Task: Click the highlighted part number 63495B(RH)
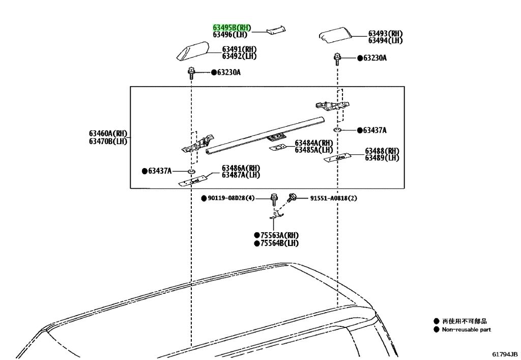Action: tap(232, 27)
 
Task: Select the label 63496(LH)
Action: tap(230, 34)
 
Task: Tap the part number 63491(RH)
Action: tap(239, 49)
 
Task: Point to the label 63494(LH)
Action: tap(385, 41)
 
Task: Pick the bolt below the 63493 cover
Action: tap(337, 59)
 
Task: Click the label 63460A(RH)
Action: tap(108, 133)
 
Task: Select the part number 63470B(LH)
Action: tap(108, 141)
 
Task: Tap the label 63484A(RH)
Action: tap(314, 143)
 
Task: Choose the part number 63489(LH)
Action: tap(382, 158)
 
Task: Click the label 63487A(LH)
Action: tap(241, 175)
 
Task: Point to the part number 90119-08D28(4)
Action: tap(231, 198)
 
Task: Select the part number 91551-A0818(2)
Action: tap(334, 198)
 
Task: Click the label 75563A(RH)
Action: tap(279, 235)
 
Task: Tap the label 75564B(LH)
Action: tap(279, 243)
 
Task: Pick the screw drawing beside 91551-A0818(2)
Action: tap(292, 198)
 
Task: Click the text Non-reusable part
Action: tap(466, 330)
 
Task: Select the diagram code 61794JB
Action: tap(505, 354)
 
